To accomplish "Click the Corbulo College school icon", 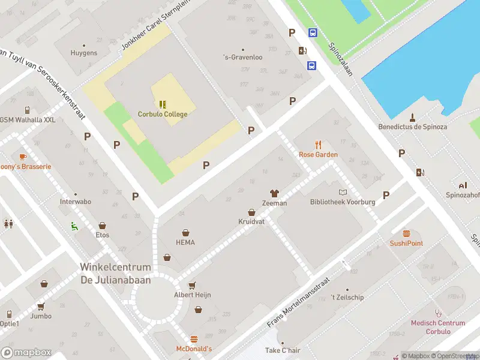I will pos(163,104).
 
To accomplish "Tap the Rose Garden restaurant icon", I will pos(319,145).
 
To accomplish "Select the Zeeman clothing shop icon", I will pos(274,193).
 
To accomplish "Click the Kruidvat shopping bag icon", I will pos(251,212).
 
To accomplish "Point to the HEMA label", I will pos(185,242).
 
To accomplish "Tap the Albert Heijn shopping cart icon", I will pos(192,285).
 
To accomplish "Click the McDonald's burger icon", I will pos(194,339).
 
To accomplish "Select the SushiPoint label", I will pos(406,243).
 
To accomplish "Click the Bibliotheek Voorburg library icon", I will pos(343,192).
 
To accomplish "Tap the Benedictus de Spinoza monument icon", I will pos(412,117).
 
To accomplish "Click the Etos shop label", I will pos(102,235).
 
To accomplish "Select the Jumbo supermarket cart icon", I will pos(41,306).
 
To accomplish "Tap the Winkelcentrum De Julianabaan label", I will pos(116,272).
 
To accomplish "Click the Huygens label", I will pos(84,53).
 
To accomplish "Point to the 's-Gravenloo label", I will pos(242,58).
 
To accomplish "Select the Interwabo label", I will pos(76,202).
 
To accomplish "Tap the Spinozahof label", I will pos(462,195).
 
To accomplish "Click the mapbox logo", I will pos(26,352).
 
